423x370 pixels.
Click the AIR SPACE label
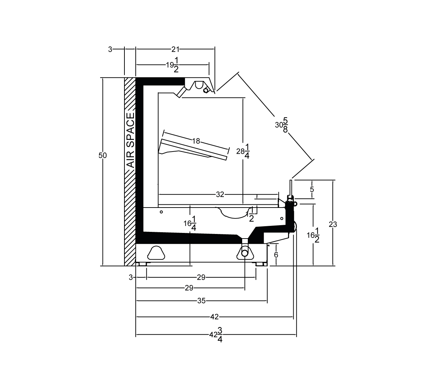point(130,140)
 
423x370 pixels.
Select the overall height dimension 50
point(103,155)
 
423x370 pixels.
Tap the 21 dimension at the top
point(175,49)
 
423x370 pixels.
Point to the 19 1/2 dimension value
point(172,65)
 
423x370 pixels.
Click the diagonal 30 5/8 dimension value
point(282,125)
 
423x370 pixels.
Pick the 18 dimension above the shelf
point(196,141)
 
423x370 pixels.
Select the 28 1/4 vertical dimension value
point(243,151)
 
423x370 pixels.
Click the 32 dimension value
point(220,194)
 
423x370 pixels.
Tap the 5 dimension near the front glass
point(312,189)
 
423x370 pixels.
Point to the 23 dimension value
point(333,224)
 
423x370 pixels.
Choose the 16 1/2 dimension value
point(313,235)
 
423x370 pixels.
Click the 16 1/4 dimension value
point(190,223)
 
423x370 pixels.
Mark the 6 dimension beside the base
point(276,255)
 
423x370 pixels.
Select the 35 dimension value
point(201,301)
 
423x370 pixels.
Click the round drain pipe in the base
point(245,253)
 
